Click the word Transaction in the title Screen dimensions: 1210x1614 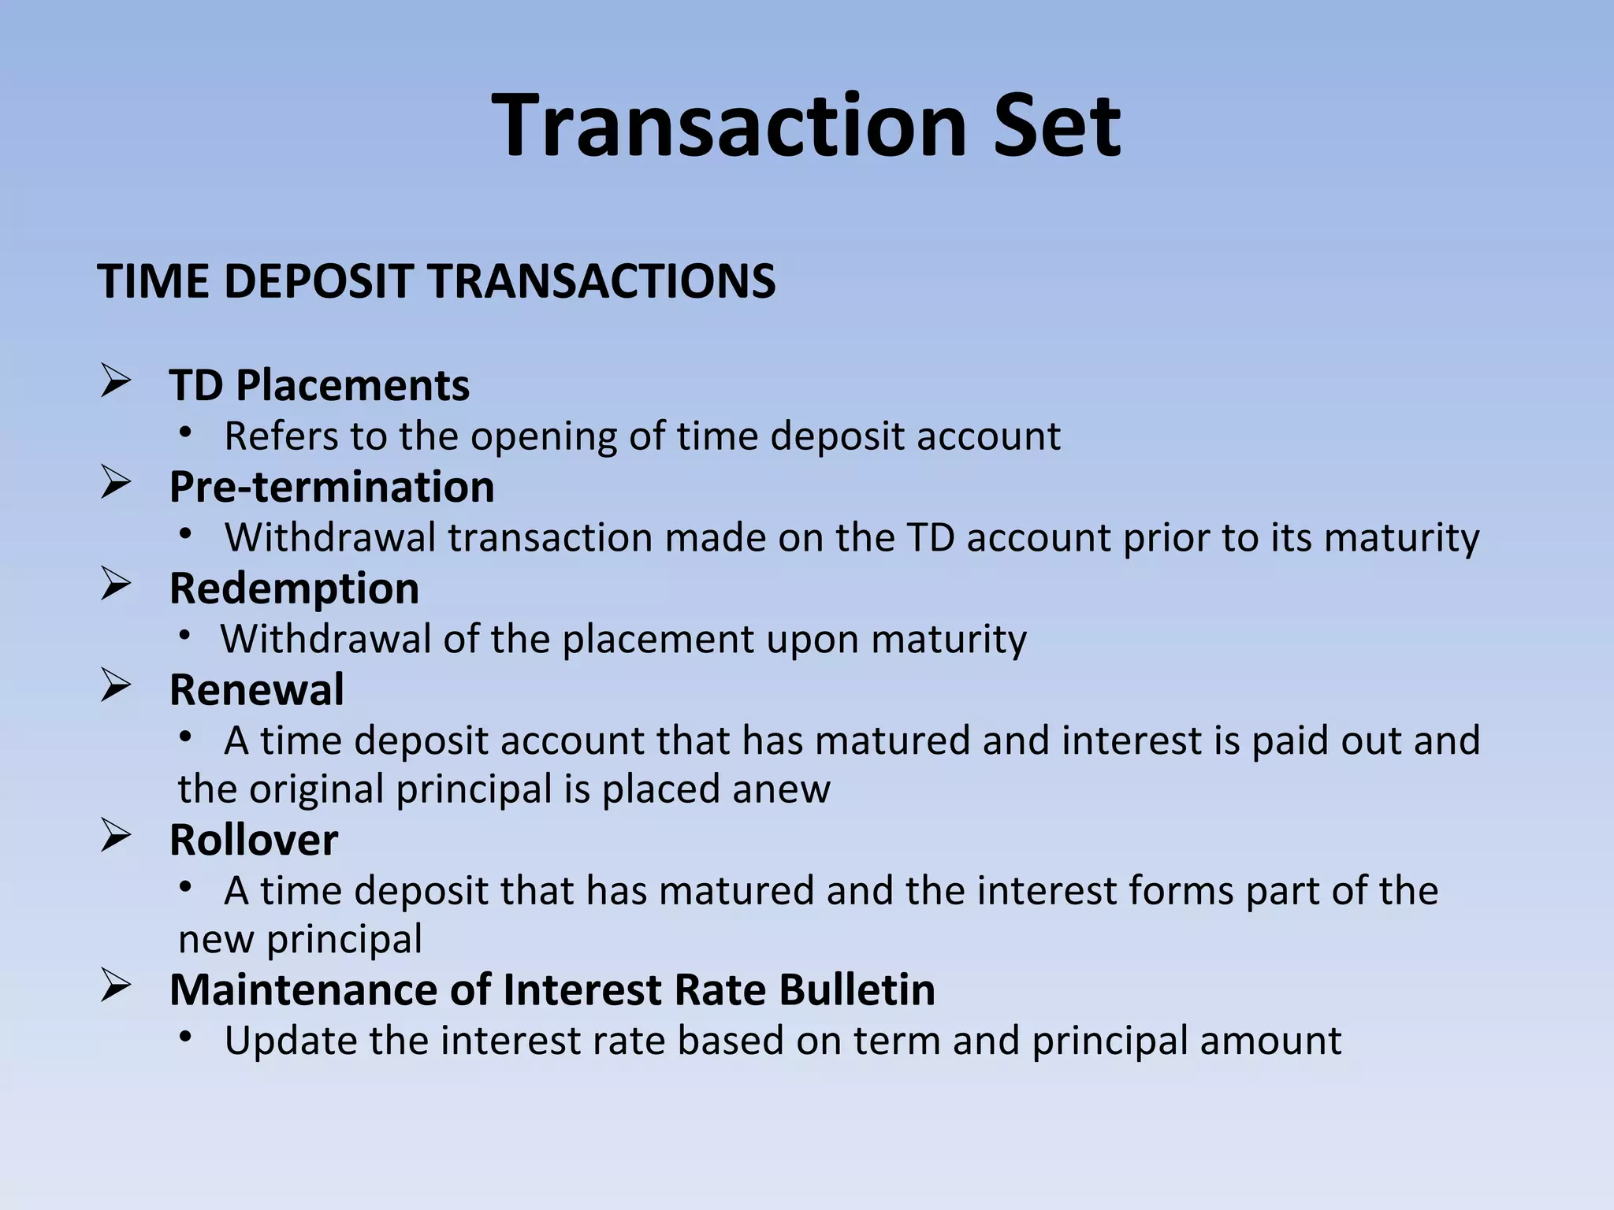[730, 126]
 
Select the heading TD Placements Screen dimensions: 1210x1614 [319, 385]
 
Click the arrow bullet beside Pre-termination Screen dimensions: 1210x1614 [116, 483]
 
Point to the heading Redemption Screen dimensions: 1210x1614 [294, 588]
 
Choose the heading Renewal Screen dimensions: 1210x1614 [257, 690]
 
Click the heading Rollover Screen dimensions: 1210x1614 [254, 840]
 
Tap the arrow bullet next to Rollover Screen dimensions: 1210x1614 [116, 837]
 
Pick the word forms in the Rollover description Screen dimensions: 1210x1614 [1181, 891]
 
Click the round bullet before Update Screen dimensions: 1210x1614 [185, 1037]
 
